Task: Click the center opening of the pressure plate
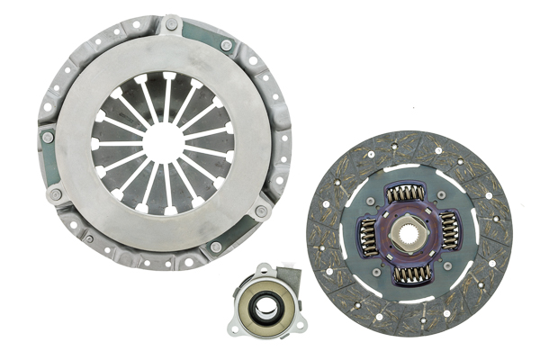163,142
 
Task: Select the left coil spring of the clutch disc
369,236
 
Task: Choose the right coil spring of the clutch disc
450,230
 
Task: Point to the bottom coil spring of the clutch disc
411,274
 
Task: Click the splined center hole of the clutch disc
410,233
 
